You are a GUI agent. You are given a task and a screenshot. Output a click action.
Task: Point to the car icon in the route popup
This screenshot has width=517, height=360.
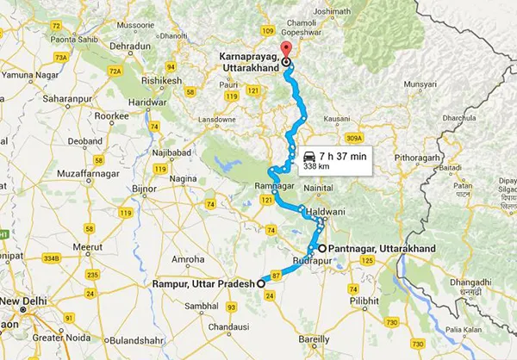click(308, 155)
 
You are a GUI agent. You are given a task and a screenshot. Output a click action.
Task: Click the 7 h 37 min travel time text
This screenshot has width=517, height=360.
click(343, 155)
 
